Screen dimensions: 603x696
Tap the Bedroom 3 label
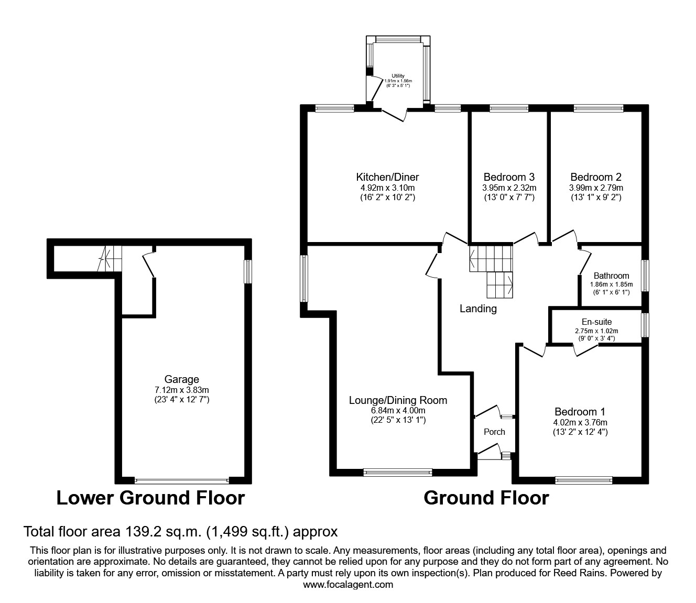508,177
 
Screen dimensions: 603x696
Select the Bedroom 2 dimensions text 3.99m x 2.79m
596,188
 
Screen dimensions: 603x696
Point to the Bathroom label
611,276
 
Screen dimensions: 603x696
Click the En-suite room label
596,322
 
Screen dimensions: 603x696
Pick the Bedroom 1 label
580,412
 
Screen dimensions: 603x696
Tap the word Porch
494,432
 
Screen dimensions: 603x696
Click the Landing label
478,309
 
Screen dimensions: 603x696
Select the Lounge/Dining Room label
398,400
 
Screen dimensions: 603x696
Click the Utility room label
398,76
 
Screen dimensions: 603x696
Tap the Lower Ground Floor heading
150,498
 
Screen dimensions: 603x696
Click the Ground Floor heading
486,498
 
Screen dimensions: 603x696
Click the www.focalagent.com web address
348,585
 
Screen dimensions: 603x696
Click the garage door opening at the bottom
181,480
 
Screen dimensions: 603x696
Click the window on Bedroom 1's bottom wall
583,479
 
